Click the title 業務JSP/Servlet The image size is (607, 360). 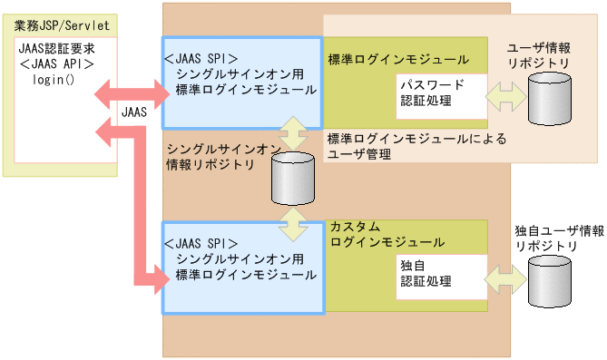coord(57,21)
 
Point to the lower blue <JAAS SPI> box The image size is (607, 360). coord(241,266)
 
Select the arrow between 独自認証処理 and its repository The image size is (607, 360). coord(506,275)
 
